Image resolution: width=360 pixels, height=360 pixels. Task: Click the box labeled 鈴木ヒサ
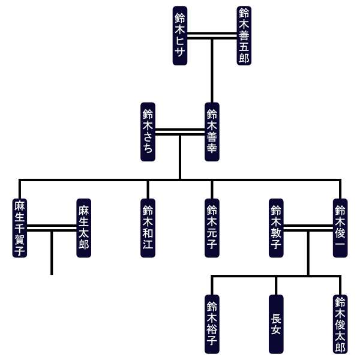tap(180, 36)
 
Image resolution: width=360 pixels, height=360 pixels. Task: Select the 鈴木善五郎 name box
tap(244, 36)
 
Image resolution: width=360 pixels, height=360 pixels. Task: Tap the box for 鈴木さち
tap(148, 132)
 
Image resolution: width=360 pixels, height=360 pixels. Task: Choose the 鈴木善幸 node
tap(212, 132)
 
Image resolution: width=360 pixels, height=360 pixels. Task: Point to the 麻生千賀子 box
tap(20, 228)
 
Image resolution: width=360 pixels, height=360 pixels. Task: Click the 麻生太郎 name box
tap(83, 228)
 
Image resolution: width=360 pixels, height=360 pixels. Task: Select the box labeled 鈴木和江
tap(148, 228)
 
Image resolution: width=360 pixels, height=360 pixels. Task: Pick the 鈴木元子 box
tap(212, 228)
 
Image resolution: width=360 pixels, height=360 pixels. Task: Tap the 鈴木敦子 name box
tap(276, 228)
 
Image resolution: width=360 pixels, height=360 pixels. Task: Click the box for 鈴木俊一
tap(340, 228)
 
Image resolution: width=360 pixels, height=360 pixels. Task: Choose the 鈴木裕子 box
tap(212, 324)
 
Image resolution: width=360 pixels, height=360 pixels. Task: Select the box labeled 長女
tap(276, 324)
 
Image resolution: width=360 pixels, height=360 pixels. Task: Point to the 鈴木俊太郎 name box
tap(340, 324)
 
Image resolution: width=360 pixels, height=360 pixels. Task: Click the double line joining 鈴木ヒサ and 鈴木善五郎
tap(212, 36)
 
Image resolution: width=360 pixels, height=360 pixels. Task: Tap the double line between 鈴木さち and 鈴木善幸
tap(180, 132)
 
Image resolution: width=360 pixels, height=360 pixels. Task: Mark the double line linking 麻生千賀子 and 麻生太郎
tap(52, 228)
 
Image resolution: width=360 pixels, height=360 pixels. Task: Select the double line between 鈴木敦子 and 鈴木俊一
tap(308, 228)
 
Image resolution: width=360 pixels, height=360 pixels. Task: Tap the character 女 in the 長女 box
tap(276, 331)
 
